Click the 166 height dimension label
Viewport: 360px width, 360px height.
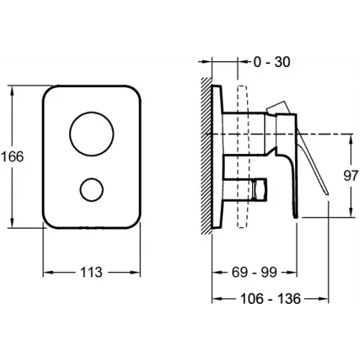click(x=12, y=157)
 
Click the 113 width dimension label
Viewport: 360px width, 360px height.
click(x=91, y=272)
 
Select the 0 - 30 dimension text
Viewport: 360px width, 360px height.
click(x=272, y=62)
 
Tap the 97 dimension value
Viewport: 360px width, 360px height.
click(x=351, y=176)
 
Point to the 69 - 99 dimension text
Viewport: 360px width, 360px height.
click(x=254, y=272)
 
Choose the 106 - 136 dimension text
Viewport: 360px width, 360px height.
click(x=271, y=299)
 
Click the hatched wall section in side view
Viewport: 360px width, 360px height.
click(x=207, y=156)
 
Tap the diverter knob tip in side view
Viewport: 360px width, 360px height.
click(x=259, y=189)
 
